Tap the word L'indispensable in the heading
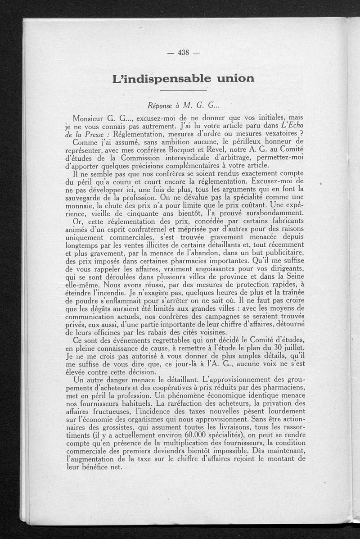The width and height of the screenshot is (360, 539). tap(156, 79)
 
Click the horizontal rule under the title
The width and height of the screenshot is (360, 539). tap(183, 91)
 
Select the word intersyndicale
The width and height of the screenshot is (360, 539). tap(194, 156)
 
